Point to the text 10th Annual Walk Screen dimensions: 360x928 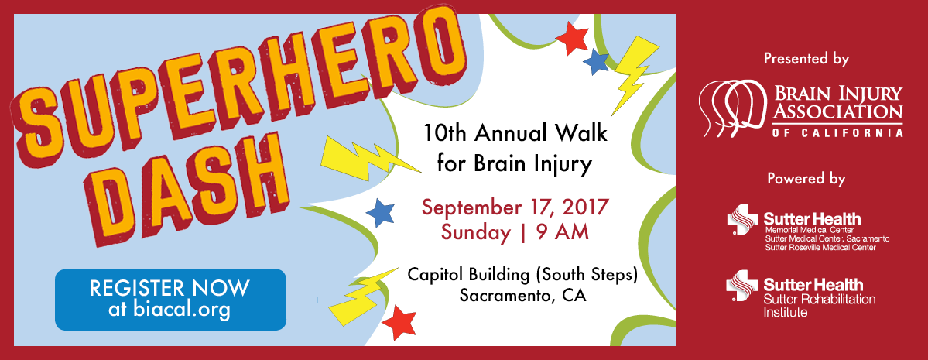coord(515,133)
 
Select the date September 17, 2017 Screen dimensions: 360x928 coord(515,207)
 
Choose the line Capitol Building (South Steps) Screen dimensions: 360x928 coord(522,275)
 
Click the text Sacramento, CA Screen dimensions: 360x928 coord(522,295)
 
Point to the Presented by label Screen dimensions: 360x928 coord(806,59)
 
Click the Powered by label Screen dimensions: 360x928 coord(806,179)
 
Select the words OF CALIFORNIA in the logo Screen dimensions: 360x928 coord(837,132)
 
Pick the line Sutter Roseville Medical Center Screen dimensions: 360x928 coord(820,248)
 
